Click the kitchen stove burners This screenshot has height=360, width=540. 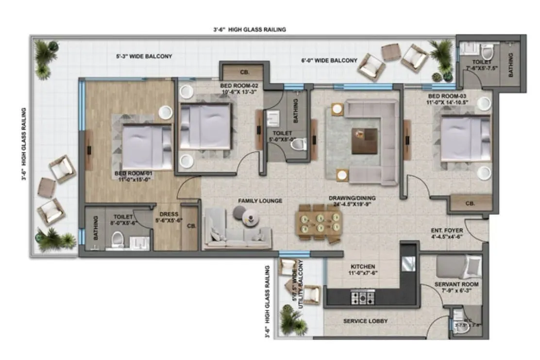[362, 297]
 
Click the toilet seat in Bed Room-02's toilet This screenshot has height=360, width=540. [301, 144]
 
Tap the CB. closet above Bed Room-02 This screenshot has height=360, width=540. [244, 72]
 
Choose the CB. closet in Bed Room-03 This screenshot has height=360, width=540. [470, 203]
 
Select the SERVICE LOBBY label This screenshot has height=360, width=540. [365, 321]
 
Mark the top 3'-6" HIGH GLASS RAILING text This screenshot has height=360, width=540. [249, 30]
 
